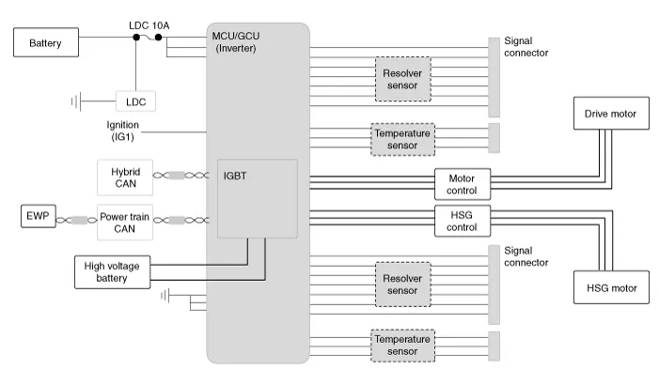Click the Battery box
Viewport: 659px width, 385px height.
[45, 42]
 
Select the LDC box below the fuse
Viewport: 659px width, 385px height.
[136, 100]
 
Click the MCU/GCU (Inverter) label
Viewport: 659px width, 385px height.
[240, 42]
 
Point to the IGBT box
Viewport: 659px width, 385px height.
[257, 198]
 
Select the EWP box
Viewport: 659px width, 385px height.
[36, 219]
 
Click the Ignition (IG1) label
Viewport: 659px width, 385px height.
[123, 131]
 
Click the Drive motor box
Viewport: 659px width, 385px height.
[609, 115]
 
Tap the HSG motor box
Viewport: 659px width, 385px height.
[610, 285]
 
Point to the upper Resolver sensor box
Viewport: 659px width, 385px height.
[402, 78]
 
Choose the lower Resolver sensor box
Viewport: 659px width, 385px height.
[402, 285]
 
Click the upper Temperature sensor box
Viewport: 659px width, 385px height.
[402, 139]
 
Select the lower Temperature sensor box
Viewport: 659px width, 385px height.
[402, 345]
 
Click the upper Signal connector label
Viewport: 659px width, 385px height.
[526, 47]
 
